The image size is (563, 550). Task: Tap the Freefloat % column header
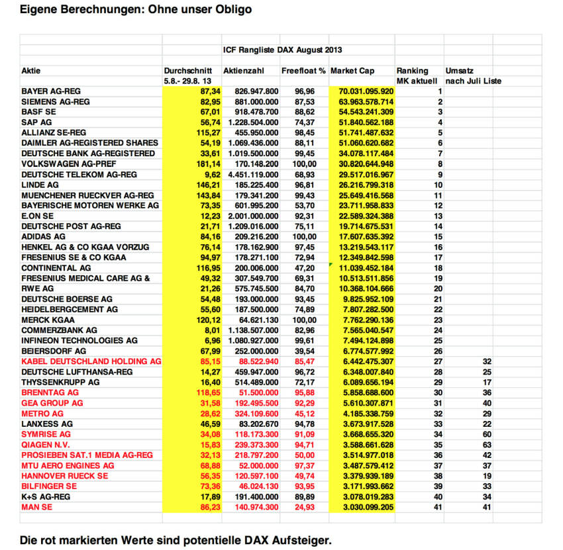[303, 71]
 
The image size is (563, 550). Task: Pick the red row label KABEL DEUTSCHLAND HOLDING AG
[91, 361]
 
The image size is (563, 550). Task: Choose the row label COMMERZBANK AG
[59, 330]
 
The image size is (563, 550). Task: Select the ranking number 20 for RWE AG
[437, 288]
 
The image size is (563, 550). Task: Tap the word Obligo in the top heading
[230, 10]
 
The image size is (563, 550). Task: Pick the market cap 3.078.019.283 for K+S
[366, 496]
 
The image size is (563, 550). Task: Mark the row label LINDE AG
[40, 184]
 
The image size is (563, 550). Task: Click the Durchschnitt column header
[187, 71]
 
